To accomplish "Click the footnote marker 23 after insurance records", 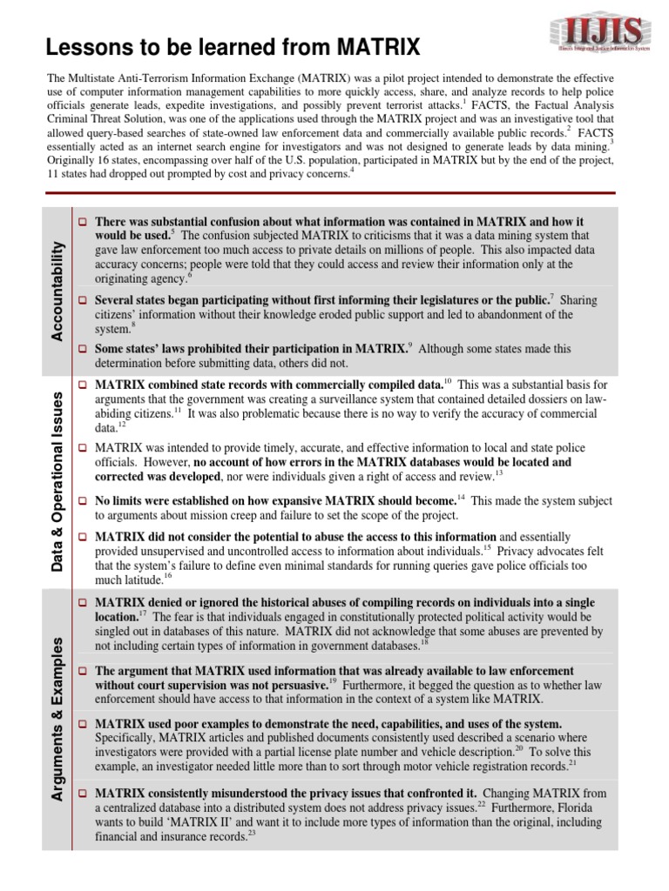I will [x=253, y=833].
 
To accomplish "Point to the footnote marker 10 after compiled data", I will [x=448, y=381].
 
